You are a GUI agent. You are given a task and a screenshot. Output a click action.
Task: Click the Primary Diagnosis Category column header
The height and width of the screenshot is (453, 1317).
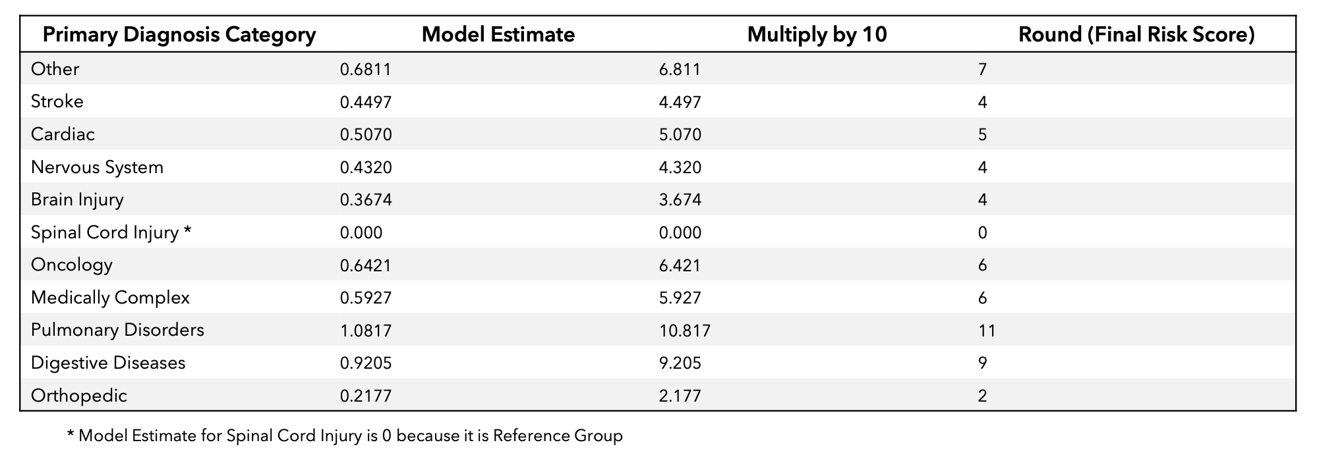tap(179, 35)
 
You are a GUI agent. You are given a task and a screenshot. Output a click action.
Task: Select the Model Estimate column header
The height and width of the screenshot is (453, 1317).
tap(498, 34)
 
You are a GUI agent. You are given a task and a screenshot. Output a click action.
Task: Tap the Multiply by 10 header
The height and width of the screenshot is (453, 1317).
tap(817, 35)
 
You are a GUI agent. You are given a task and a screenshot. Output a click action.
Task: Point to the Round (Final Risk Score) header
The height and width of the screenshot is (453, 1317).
tap(1136, 35)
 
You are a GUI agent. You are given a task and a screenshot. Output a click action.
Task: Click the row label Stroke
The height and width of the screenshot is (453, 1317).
tap(57, 101)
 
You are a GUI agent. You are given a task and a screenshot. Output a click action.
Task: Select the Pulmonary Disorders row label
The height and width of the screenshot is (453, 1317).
tap(117, 330)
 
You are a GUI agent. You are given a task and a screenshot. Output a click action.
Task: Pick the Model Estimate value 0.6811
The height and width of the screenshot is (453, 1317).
tap(366, 69)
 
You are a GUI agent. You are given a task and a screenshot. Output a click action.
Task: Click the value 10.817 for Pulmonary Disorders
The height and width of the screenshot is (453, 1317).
tap(685, 330)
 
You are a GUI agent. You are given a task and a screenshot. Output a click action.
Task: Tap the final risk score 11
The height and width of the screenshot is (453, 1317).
tap(987, 330)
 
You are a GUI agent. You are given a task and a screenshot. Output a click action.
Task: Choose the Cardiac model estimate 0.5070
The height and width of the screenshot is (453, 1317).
tap(366, 134)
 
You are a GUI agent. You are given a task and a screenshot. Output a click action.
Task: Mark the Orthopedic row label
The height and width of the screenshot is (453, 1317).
tap(79, 396)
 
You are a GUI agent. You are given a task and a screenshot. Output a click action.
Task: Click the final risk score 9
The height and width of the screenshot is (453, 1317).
tap(983, 363)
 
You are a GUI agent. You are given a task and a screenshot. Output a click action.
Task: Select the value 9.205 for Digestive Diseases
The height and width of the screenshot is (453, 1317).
tap(680, 363)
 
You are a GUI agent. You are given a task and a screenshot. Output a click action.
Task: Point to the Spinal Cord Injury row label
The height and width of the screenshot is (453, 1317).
tap(111, 232)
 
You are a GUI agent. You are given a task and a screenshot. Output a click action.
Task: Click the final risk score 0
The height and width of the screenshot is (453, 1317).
tap(983, 232)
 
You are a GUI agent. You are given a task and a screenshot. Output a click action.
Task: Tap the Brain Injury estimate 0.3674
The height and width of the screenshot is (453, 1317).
tap(366, 200)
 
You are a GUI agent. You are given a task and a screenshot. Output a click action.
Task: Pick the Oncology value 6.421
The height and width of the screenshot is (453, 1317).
tap(680, 265)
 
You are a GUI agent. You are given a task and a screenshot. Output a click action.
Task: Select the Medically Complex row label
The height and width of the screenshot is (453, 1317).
tap(110, 298)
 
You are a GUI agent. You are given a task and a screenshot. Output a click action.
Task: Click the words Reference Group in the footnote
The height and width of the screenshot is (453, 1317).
tap(558, 436)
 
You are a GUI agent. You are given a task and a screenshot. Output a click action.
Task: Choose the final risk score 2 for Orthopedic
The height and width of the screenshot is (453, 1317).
tap(983, 396)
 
